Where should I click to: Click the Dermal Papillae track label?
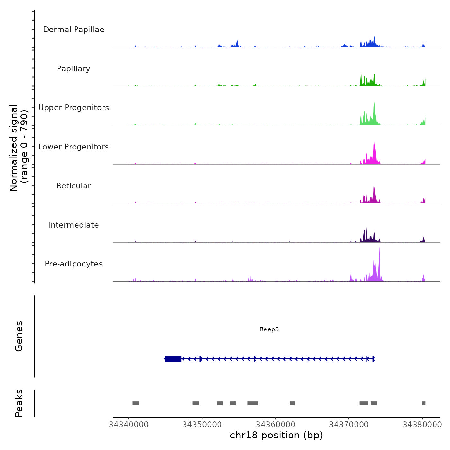tap(74, 30)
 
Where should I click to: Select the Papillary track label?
tap(74, 69)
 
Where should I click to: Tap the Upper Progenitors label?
tap(74, 108)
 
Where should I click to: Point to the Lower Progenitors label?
tap(74, 147)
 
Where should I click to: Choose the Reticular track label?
tap(74, 186)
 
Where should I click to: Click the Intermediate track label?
tap(74, 225)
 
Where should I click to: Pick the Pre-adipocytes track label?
tap(74, 264)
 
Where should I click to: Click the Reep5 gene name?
tap(269, 329)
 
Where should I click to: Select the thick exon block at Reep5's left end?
tap(173, 359)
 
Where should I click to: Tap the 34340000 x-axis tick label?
tap(129, 425)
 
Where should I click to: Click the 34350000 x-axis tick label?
tap(202, 425)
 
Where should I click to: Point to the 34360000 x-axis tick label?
tap(275, 425)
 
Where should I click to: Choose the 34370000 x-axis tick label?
tap(349, 425)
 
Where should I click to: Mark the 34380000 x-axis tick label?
tap(422, 425)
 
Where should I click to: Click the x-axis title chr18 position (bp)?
tap(276, 435)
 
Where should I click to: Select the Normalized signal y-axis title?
tap(19, 148)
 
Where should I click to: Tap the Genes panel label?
tap(19, 336)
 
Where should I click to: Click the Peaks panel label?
tap(19, 403)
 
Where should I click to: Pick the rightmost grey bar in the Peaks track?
tap(424, 403)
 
